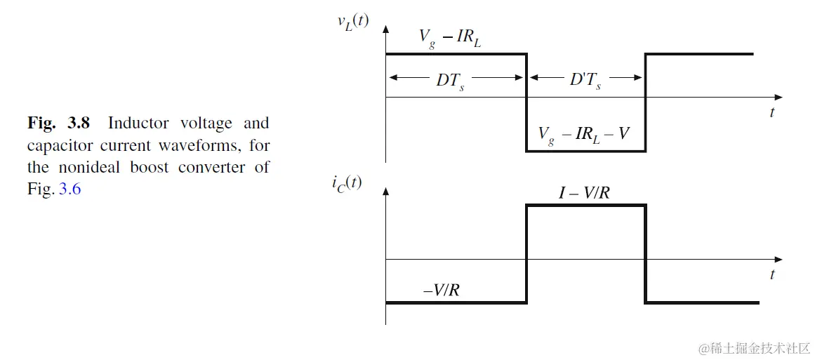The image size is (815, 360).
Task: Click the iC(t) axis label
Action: tap(347, 186)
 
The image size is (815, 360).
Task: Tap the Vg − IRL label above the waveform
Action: tap(450, 39)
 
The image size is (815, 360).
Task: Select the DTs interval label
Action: tap(450, 80)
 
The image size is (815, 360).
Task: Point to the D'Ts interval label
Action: tap(585, 80)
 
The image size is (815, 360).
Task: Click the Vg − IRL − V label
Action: tap(583, 135)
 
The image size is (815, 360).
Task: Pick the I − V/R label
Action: tap(584, 192)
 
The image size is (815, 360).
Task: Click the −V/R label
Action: tap(442, 289)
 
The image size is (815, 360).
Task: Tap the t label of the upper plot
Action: tap(772, 112)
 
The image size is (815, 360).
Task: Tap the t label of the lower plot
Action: tap(772, 275)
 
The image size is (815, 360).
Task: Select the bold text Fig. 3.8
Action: tap(59, 124)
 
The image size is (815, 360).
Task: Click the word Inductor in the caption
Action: tap(138, 124)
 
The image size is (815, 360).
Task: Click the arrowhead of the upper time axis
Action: tap(778, 97)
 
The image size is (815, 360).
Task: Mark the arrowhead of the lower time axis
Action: tap(778, 260)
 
